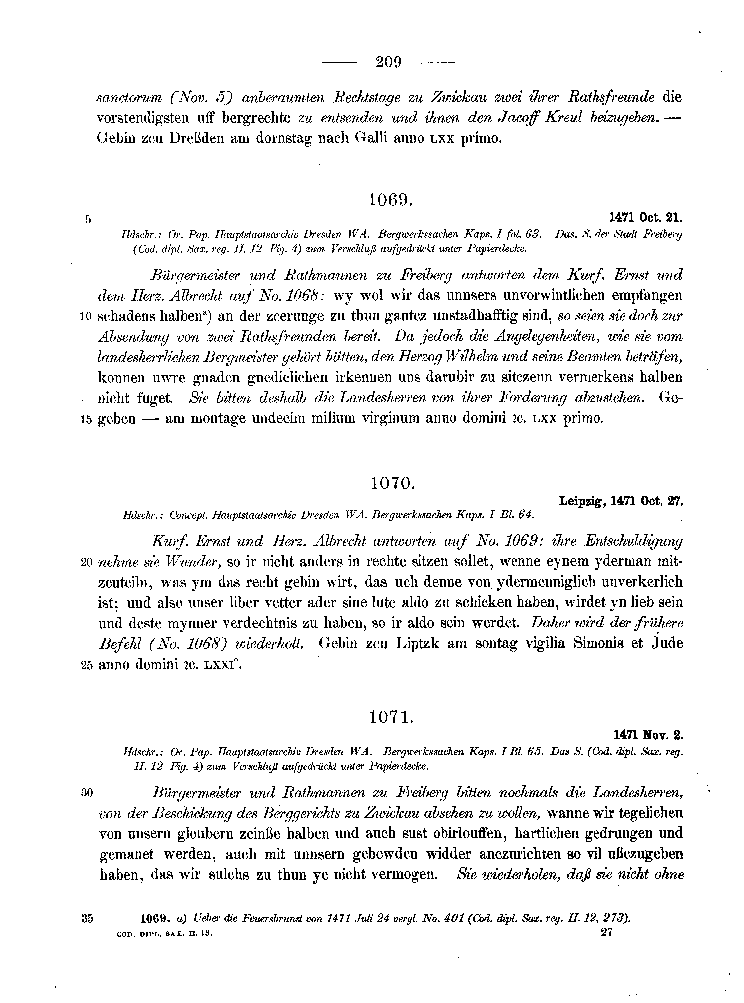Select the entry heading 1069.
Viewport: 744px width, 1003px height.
(390, 199)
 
